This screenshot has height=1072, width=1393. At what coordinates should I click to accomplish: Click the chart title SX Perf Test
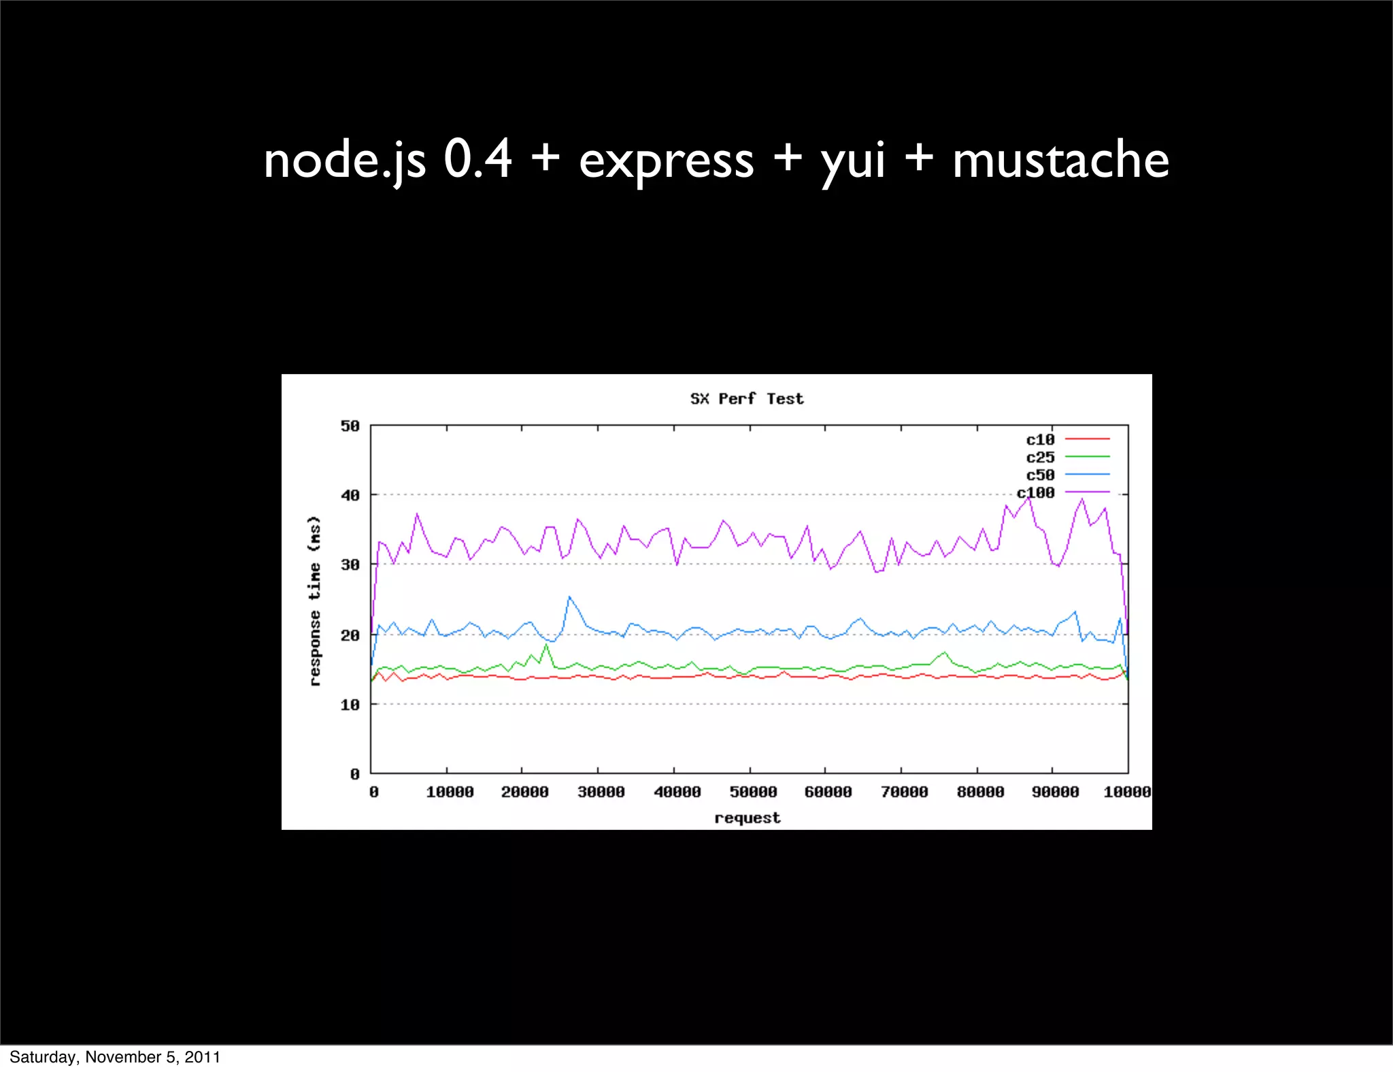747,399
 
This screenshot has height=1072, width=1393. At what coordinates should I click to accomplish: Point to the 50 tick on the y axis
350,426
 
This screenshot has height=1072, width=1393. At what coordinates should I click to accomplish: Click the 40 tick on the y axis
350,495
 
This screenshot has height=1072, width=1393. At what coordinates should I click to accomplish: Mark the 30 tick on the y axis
350,565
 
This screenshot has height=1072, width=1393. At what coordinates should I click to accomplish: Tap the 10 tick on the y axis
350,705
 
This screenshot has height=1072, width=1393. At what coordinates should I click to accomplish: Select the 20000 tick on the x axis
524,792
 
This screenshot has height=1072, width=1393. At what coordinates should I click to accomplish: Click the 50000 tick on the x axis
753,792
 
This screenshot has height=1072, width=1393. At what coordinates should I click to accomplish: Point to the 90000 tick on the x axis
1055,792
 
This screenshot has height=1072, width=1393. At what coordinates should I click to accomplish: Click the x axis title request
747,818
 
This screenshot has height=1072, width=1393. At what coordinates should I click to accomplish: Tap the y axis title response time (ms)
314,601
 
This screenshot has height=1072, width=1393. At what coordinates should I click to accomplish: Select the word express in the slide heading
667,161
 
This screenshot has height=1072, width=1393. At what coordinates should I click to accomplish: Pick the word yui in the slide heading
853,161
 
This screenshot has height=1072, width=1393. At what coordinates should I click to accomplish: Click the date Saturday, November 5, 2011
115,1056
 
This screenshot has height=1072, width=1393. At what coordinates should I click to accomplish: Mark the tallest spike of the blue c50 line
569,597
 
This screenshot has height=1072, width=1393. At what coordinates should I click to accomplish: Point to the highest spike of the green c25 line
546,644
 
